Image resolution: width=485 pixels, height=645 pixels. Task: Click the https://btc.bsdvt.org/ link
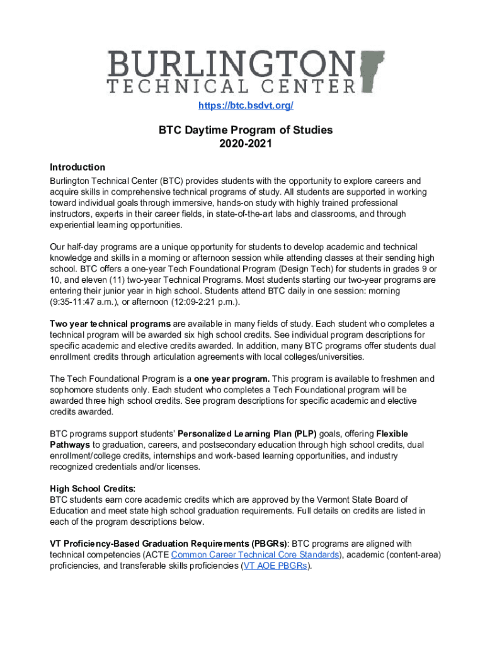[x=246, y=106]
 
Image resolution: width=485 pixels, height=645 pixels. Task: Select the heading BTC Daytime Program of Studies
[x=246, y=130]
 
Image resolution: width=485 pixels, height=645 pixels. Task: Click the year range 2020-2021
[x=246, y=144]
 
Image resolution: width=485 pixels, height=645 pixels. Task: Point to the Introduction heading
[x=77, y=167]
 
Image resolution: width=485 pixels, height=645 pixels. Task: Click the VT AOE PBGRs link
[x=277, y=566]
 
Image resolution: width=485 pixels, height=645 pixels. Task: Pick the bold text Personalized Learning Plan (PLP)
[x=248, y=434]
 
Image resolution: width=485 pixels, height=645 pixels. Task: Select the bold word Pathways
[x=71, y=445]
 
